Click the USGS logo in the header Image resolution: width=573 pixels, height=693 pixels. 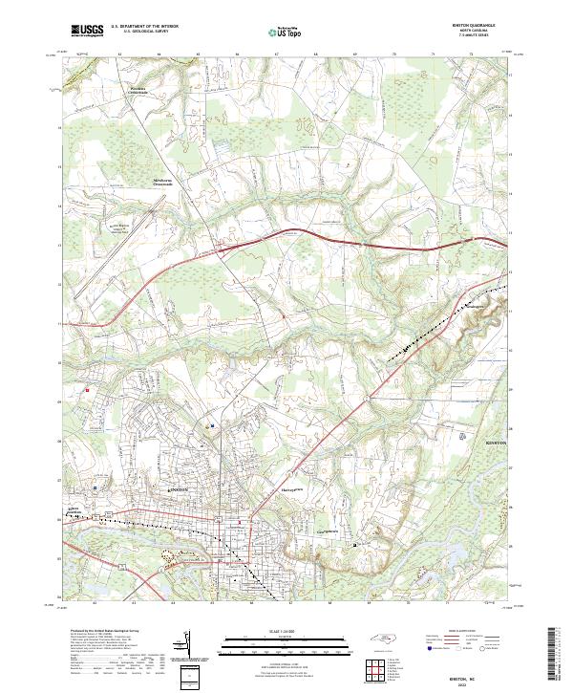point(87,31)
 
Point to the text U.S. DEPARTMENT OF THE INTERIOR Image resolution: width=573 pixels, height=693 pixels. point(144,28)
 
